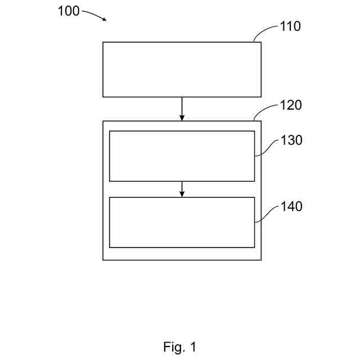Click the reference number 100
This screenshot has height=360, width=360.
(x=69, y=11)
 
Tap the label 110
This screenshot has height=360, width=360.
(x=291, y=26)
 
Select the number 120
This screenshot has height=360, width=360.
(x=291, y=105)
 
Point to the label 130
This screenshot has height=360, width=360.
(x=291, y=140)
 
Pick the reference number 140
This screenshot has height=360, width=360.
(x=291, y=206)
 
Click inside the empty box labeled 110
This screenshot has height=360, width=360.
(x=182, y=69)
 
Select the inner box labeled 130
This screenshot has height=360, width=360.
(x=182, y=156)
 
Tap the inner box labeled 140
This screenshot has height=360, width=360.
(x=182, y=222)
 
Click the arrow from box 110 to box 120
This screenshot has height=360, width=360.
(x=182, y=108)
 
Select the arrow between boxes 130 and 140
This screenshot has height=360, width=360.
(x=182, y=188)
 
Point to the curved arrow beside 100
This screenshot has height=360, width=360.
(x=93, y=13)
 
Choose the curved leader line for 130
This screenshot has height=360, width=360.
(x=267, y=148)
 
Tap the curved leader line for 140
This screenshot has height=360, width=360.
(x=267, y=214)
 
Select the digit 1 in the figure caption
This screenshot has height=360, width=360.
(x=193, y=347)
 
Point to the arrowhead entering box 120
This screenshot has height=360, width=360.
(x=182, y=118)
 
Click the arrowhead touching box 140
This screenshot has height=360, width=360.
(x=182, y=194)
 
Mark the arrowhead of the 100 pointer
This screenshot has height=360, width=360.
(x=104, y=19)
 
